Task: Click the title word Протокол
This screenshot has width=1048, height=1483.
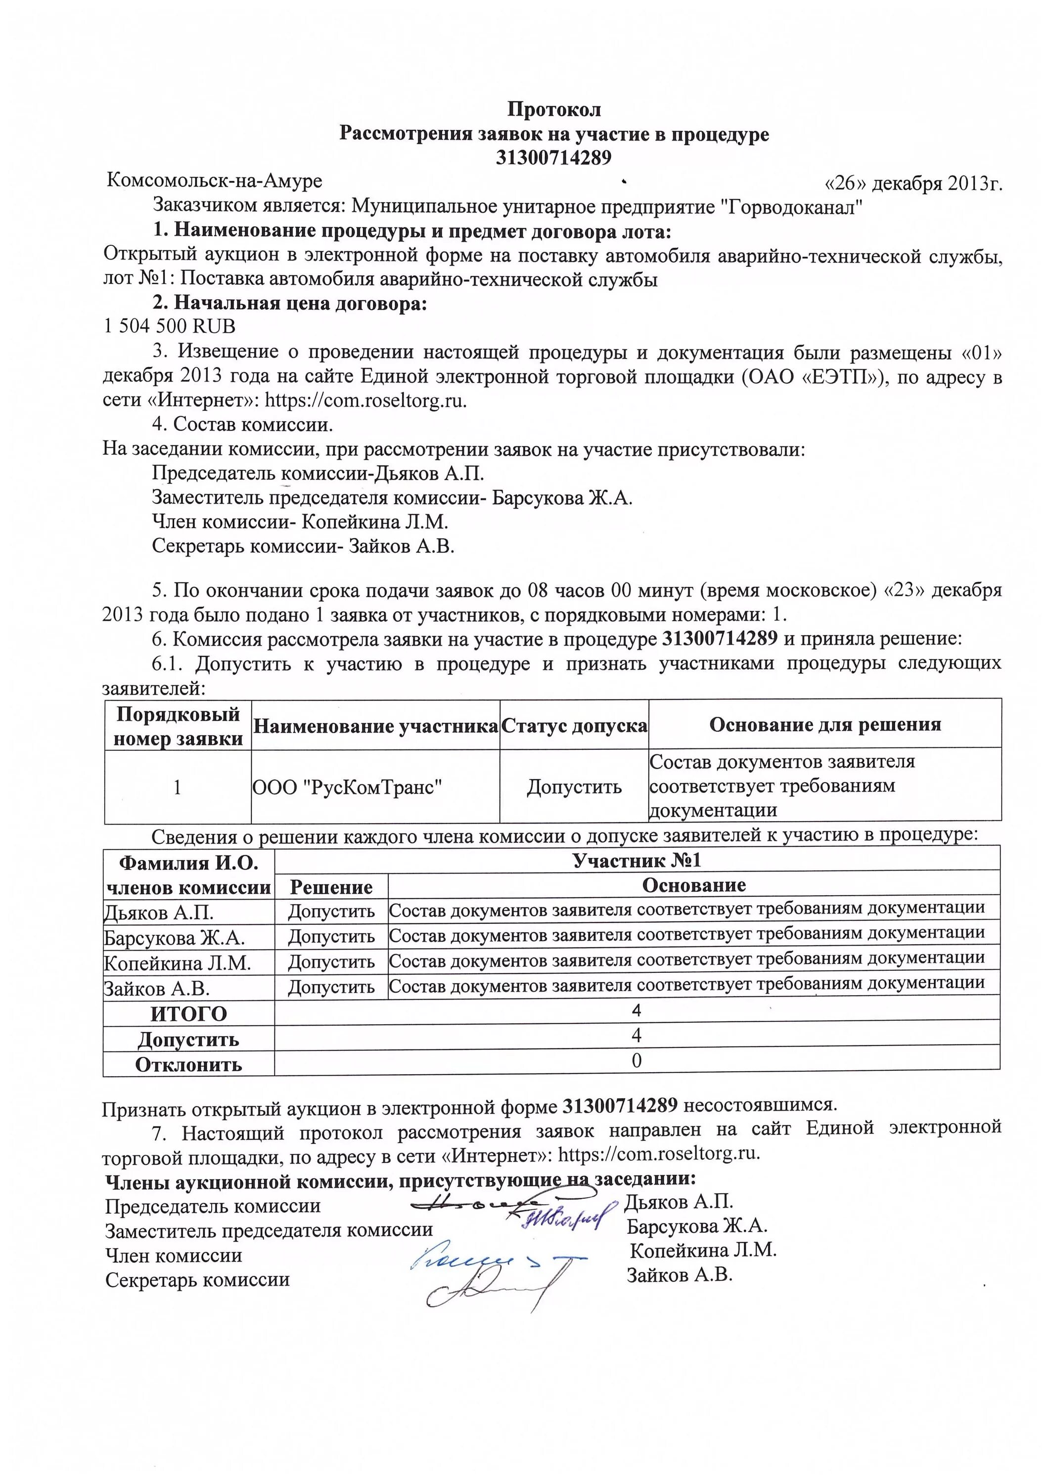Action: [554, 109]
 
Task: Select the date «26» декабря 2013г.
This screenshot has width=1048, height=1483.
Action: [913, 183]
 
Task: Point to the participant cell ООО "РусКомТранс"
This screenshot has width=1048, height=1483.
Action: [347, 786]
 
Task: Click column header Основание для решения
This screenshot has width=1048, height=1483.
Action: [824, 725]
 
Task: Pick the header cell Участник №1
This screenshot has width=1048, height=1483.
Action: [637, 860]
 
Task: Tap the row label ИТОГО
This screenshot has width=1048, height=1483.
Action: [188, 1013]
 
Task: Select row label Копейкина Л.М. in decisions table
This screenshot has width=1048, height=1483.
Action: [177, 963]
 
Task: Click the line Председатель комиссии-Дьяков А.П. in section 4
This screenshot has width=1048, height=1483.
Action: [317, 474]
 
